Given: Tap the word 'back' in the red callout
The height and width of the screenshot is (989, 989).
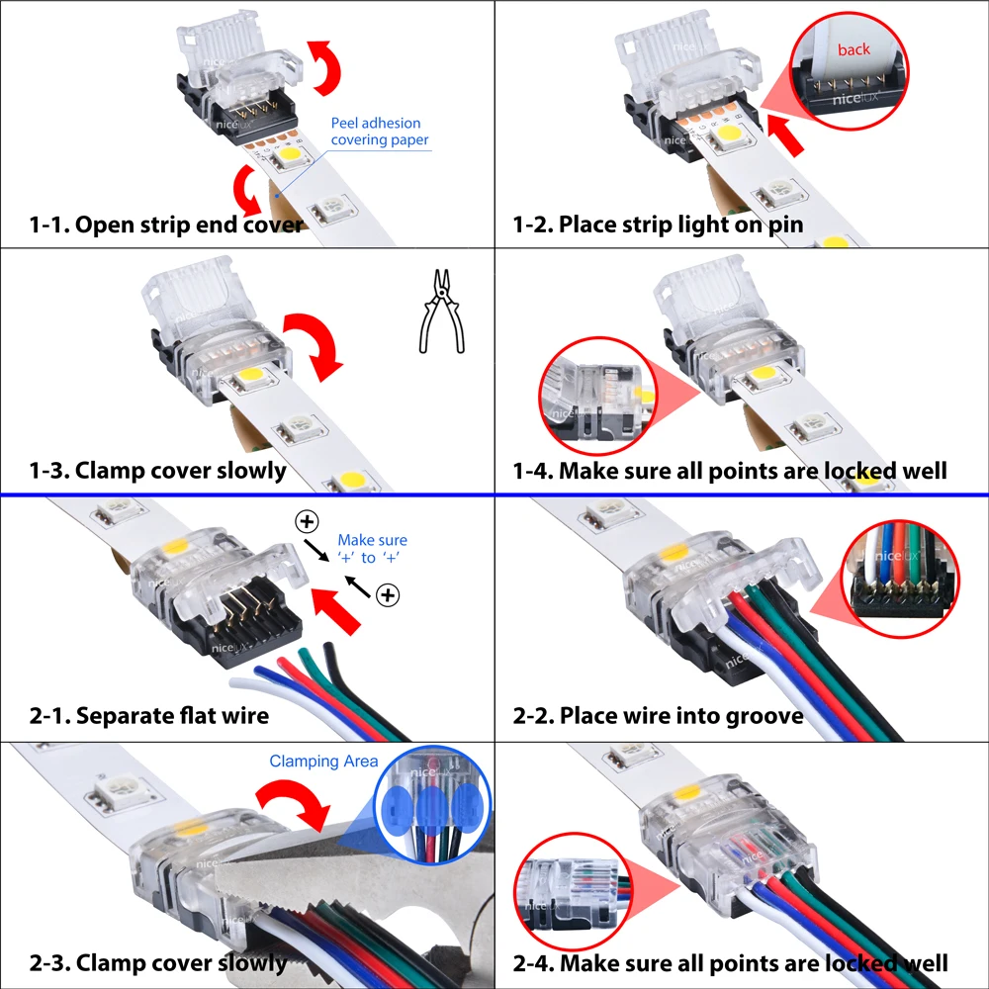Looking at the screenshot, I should point(854,48).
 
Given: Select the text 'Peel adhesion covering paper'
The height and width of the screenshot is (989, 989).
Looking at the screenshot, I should point(380,132).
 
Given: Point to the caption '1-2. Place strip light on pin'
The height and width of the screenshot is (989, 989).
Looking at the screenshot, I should point(657,225).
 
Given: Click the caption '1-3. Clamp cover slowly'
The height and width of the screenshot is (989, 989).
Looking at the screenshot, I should point(157,470).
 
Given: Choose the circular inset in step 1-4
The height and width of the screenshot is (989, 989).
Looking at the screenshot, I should point(592,400).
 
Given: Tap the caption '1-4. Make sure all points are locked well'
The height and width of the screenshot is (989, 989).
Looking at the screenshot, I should point(729,470).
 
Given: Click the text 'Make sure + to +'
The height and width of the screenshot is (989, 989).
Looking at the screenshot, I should point(373,549).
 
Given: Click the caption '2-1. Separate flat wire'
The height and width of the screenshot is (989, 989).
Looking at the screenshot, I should point(148,714).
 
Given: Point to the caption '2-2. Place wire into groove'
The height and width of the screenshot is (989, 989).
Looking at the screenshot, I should point(658,714).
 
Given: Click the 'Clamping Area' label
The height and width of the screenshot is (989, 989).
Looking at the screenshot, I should point(323,762).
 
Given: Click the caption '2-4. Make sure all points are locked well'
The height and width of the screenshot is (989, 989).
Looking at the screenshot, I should point(730,962).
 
